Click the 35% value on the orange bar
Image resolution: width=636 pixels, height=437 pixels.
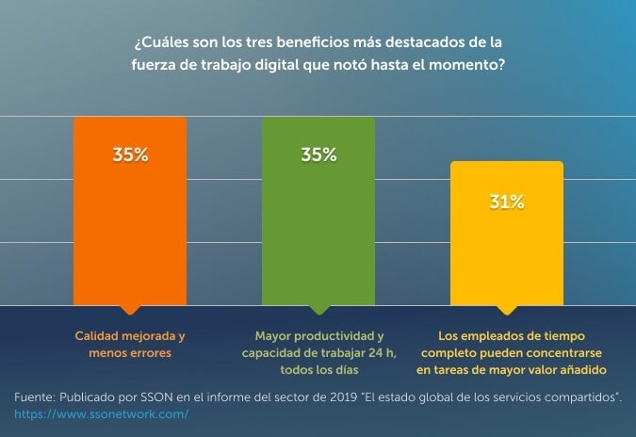click(130, 155)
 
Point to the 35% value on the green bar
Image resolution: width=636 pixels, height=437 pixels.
click(318, 155)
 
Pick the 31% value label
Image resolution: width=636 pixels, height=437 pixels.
click(506, 202)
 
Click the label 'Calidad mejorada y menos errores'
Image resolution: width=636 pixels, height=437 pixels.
click(130, 344)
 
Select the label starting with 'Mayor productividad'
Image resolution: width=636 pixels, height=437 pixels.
click(318, 352)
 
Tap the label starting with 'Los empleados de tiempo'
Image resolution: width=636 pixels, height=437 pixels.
click(507, 352)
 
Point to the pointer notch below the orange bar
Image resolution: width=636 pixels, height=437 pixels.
click(129, 309)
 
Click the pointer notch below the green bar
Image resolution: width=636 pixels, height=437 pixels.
click(318, 309)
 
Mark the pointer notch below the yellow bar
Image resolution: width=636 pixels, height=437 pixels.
click(506, 309)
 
